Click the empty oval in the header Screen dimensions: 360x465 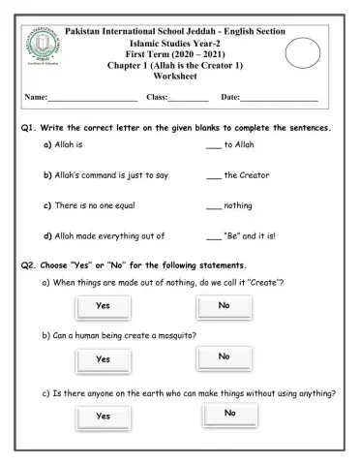coord(304,53)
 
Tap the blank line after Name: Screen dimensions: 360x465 coord(92,99)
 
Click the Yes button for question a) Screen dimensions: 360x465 coord(103,306)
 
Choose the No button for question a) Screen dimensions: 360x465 coord(225,306)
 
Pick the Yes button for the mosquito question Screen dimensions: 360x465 coord(103,358)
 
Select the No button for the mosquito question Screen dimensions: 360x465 coord(225,357)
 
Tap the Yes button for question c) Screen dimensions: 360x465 coord(103,416)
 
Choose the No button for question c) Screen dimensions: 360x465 coord(230,414)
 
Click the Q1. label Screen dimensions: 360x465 coord(29,128)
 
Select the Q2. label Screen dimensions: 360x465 coord(29,265)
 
